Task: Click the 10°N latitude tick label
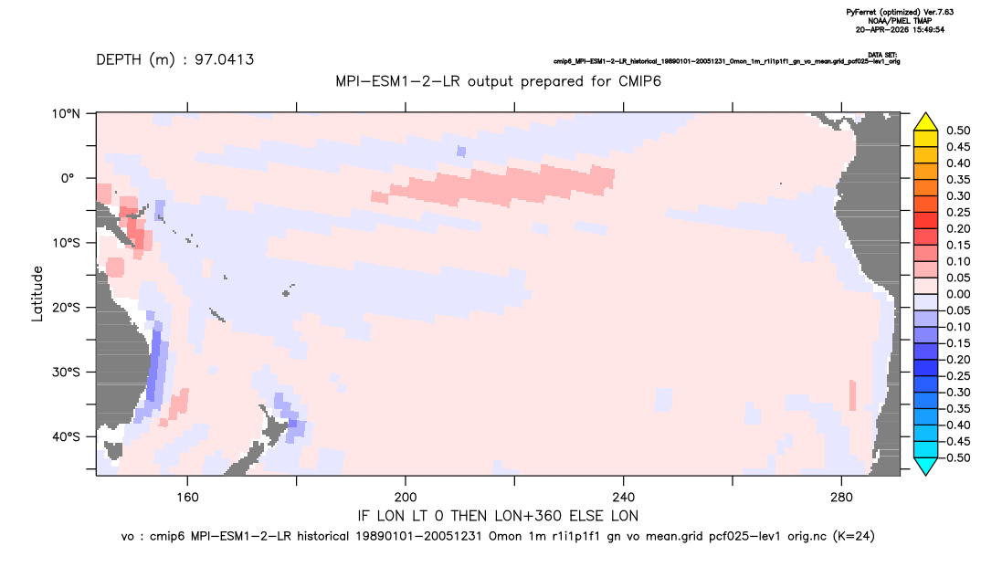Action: click(66, 114)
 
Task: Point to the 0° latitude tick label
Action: click(68, 178)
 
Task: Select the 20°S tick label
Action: click(66, 308)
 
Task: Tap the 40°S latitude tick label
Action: click(66, 436)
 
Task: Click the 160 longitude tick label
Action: click(187, 498)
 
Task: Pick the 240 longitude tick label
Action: click(623, 498)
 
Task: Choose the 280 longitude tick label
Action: click(841, 498)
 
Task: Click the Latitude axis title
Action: click(37, 294)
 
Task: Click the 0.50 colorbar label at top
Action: click(958, 131)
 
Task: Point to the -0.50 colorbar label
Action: click(956, 457)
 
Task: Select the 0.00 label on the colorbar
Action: click(958, 294)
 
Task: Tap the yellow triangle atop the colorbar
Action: click(926, 122)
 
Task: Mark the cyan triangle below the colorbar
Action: click(926, 466)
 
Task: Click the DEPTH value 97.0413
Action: click(224, 60)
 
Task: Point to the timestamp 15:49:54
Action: click(926, 29)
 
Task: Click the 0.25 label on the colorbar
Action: click(958, 213)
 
